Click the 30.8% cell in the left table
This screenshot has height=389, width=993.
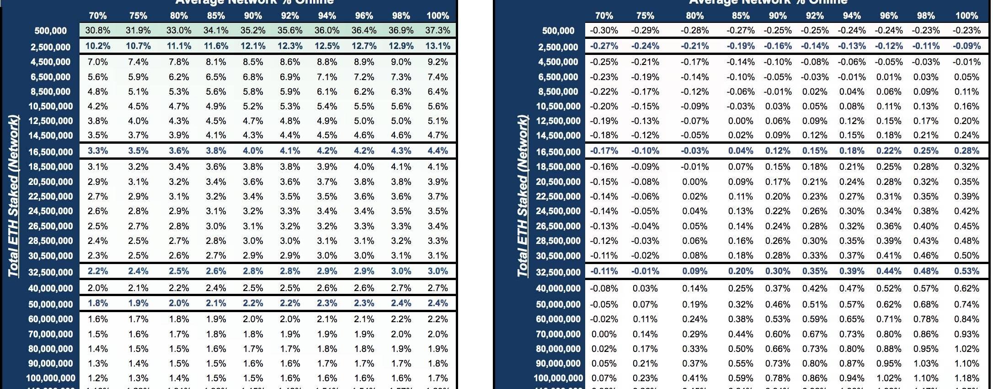tap(97, 31)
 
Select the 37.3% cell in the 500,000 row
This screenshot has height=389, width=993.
tap(438, 31)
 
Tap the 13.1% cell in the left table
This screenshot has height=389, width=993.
tap(438, 46)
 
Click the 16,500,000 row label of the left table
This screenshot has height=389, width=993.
tap(50, 152)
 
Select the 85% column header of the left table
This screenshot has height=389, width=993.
tap(216, 16)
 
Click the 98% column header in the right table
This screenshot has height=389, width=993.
tap(925, 16)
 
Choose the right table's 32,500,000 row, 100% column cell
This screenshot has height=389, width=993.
tap(966, 271)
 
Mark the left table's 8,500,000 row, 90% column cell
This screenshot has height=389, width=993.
tap(253, 92)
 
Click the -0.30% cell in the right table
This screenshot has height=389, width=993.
tap(603, 31)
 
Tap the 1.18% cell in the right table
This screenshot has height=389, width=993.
tap(966, 378)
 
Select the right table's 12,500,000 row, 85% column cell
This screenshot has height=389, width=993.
tap(740, 121)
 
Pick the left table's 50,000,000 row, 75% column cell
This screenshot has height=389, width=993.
tap(138, 303)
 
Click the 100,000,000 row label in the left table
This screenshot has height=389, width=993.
tap(50, 378)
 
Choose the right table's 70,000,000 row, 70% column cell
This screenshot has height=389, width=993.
tap(603, 334)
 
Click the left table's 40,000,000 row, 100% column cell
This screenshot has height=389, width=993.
tap(438, 288)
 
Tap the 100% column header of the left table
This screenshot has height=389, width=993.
tap(438, 16)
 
